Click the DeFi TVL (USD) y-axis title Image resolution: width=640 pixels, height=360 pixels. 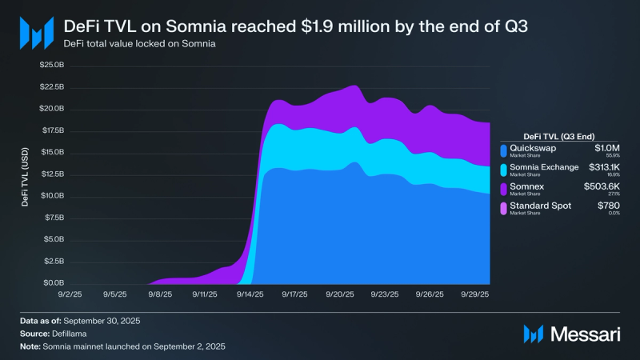coord(26,174)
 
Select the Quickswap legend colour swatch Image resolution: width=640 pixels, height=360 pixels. coord(503,150)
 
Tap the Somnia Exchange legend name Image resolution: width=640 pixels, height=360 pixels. coord(543,168)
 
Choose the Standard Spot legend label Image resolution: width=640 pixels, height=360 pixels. coord(540,207)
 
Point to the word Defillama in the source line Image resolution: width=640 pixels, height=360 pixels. coord(72,333)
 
